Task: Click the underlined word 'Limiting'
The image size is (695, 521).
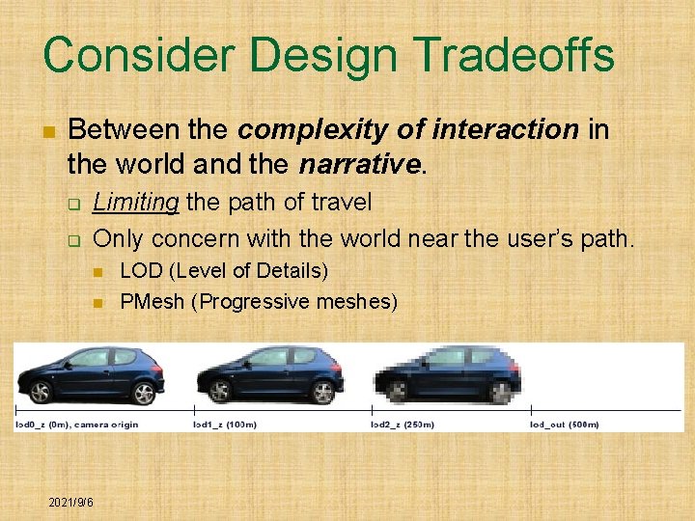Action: (136, 203)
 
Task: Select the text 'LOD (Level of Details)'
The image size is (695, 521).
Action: (223, 270)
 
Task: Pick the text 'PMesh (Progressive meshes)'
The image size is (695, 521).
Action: (258, 301)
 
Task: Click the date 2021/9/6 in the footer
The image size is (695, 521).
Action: (71, 503)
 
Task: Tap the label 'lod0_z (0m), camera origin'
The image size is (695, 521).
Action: (77, 425)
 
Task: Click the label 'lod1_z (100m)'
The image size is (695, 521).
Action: (225, 425)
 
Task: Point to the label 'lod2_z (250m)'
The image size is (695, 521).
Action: (403, 425)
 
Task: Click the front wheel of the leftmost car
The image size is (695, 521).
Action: (143, 393)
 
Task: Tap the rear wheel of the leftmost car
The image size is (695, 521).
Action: (41, 392)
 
